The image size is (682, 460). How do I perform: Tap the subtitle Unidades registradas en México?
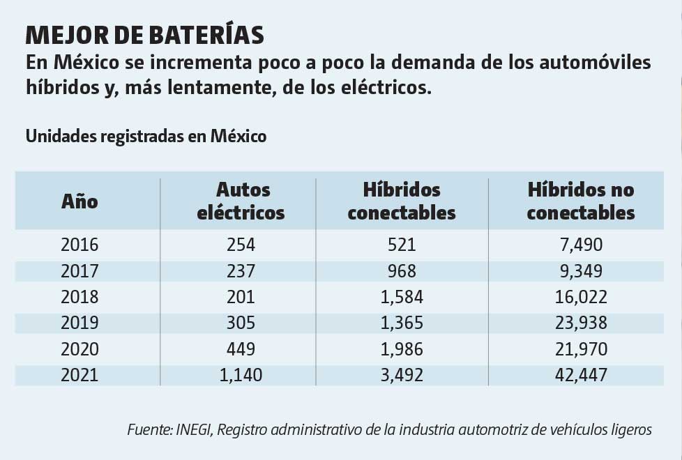[146, 136]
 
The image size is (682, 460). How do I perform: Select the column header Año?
[79, 201]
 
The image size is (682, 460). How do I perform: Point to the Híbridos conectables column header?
[401, 201]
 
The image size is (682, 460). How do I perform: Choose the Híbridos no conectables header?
[580, 201]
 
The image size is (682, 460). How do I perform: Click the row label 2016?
[79, 245]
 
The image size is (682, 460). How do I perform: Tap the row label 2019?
[79, 323]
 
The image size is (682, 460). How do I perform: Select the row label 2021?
[79, 375]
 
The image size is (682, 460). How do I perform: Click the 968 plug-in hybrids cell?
[401, 270]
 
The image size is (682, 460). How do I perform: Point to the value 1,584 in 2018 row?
[401, 297]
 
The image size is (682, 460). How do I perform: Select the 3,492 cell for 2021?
[401, 375]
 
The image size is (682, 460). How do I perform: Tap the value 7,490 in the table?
[580, 245]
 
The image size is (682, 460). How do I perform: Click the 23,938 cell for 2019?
[580, 323]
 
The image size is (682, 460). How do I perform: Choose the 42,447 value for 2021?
[580, 375]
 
